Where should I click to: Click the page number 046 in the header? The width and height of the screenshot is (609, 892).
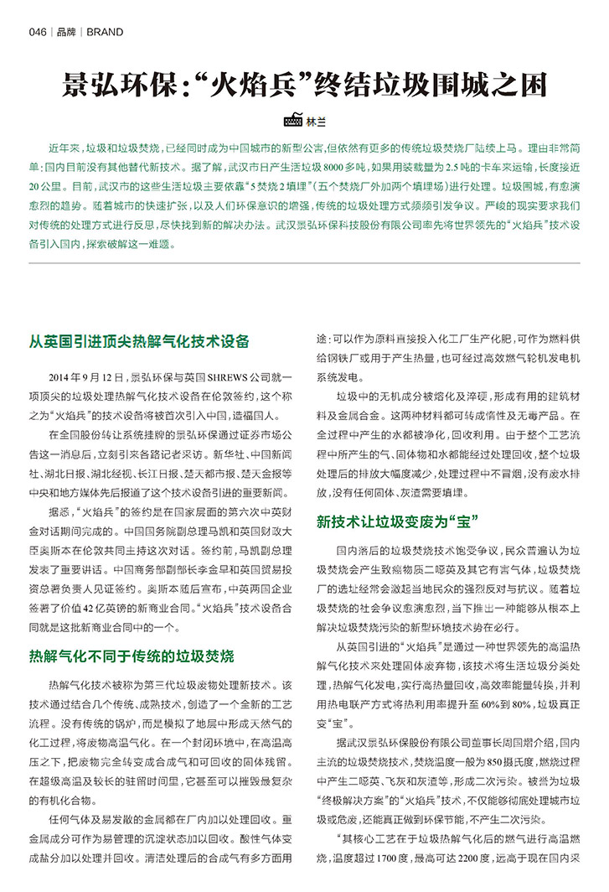coord(37,33)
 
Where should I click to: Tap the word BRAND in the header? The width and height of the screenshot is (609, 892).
coord(105,33)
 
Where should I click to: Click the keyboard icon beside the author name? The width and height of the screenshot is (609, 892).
coord(293,120)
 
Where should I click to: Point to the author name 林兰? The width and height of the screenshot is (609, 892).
coord(316,121)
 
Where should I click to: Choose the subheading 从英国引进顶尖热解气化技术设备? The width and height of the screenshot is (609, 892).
coord(139,341)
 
